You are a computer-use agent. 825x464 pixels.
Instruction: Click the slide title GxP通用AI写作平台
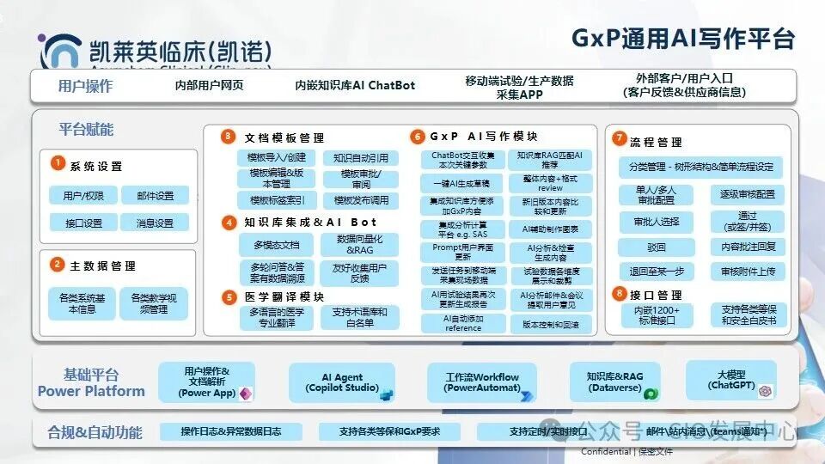(x=682, y=39)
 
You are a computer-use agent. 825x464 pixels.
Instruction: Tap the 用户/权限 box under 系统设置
(x=83, y=196)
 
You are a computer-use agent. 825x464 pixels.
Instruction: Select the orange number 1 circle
(x=57, y=164)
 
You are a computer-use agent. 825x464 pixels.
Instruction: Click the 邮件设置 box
(x=155, y=196)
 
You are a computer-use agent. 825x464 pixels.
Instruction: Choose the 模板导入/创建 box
(x=276, y=158)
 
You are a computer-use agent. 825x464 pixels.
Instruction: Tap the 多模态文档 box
(x=276, y=244)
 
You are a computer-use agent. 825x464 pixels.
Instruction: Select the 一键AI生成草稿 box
(x=461, y=182)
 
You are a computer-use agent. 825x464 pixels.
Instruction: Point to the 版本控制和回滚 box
(x=550, y=325)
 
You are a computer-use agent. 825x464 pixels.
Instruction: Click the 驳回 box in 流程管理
(x=656, y=247)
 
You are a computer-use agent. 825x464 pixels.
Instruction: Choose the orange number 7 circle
(x=619, y=138)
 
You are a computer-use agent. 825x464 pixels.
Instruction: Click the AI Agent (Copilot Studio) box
(x=342, y=382)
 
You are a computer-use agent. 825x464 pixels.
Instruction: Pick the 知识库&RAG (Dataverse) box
(x=614, y=382)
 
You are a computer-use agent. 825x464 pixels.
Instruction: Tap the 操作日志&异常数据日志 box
(x=230, y=430)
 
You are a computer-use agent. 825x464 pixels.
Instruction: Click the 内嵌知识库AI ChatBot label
(x=355, y=85)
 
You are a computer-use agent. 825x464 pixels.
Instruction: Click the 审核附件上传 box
(x=747, y=271)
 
